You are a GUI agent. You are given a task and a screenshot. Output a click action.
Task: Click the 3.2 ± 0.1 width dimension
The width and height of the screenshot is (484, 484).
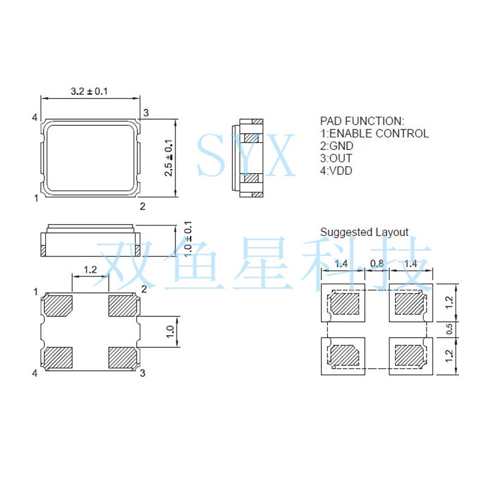89,91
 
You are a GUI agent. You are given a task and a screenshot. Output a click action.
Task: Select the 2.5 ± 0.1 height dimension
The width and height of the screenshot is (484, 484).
169,158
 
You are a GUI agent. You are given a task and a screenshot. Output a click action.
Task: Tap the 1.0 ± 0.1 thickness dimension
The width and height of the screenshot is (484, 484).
188,239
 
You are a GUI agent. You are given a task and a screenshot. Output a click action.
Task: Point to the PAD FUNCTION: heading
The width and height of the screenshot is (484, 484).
362,120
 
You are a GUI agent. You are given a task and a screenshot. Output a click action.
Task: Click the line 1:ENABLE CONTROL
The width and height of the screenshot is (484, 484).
374,133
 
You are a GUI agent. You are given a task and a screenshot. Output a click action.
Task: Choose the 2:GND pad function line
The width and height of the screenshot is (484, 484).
337,146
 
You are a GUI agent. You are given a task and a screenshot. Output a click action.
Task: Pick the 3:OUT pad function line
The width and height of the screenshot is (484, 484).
336,158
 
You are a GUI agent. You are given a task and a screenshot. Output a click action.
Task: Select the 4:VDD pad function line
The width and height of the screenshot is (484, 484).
336,171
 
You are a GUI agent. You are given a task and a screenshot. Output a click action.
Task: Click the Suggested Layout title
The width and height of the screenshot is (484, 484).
364,232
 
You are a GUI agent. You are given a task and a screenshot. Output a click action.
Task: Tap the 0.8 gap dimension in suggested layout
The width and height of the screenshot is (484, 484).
377,264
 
